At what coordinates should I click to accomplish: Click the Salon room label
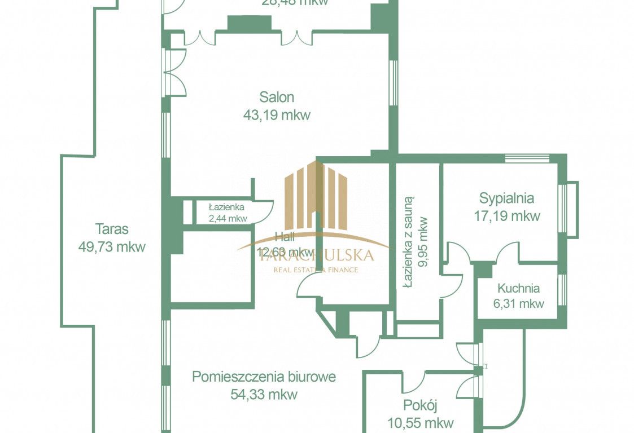coord(277,97)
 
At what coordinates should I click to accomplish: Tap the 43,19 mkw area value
coord(277,116)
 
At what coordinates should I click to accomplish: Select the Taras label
coord(112,229)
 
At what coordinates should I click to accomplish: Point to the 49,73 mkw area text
coord(112,247)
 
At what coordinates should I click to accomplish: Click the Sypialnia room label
coord(506,198)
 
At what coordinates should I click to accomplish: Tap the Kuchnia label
coord(518,288)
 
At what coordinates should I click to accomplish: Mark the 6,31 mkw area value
coord(518,303)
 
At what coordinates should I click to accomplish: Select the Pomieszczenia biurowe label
coord(264,376)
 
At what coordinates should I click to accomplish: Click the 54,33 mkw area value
coord(264,394)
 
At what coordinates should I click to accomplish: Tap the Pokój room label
coord(421,405)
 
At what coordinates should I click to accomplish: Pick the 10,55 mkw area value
coord(421,422)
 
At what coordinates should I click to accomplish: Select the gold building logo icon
coord(315,195)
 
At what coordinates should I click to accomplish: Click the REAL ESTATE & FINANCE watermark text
coord(316,269)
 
